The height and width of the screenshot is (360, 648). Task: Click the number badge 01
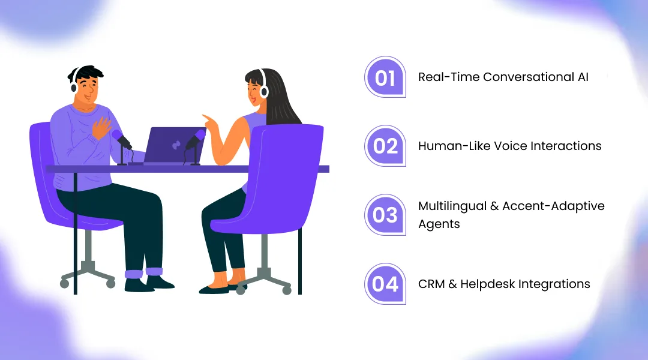pos(385,78)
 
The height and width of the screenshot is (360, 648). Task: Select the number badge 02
pos(385,146)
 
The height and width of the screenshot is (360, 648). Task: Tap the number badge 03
pos(385,215)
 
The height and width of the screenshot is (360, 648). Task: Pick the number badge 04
pos(385,284)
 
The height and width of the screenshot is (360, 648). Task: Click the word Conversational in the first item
pos(524,77)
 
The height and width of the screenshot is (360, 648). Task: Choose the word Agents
pos(439,224)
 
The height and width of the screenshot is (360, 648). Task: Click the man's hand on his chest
pos(102,128)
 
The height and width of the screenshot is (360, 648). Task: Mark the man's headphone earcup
pos(74,88)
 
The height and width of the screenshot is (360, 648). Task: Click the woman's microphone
pos(196,140)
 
